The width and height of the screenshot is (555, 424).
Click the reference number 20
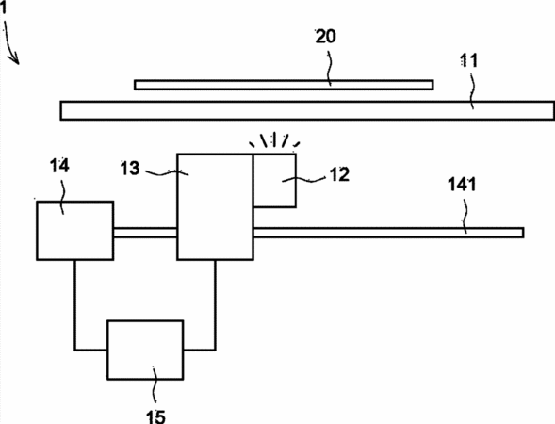326,37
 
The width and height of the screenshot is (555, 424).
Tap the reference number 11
468,61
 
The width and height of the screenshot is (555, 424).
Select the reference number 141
462,185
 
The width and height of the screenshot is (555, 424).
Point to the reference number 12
339,174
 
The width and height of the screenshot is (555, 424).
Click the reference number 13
130,168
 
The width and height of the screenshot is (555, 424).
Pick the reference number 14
59,166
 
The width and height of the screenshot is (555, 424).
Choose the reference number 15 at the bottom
155,416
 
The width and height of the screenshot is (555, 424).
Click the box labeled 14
75,231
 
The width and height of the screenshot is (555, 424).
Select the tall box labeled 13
215,207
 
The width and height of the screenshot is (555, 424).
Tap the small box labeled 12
274,180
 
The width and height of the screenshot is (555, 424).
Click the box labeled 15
145,350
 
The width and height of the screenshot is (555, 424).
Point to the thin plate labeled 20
284,85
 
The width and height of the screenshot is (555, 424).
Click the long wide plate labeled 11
307,111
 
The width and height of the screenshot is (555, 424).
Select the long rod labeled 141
388,233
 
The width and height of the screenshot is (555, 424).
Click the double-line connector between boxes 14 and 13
145,233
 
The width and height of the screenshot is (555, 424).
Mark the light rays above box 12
274,139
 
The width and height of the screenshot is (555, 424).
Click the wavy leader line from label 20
329,68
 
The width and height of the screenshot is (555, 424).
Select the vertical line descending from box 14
74,305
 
